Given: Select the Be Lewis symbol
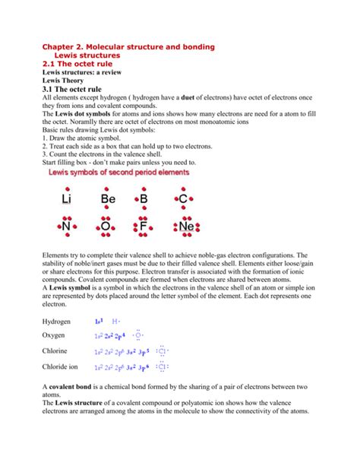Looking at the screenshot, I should [107, 199].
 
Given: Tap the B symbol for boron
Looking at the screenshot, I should [144, 199].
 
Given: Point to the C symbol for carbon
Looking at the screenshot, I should [182, 199].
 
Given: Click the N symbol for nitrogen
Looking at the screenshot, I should [67, 227].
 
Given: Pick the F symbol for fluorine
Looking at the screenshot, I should [144, 227].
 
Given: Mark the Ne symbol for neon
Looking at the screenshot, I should [185, 227].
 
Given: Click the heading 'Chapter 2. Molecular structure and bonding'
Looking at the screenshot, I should [128, 47].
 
